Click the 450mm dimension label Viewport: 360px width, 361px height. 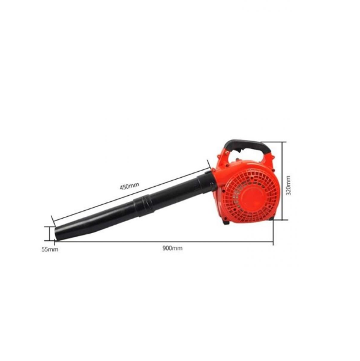coord(129,186)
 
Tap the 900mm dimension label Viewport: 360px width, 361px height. coord(173,248)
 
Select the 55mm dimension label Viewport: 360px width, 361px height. coord(50,249)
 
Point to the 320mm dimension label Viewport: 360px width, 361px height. coord(288,186)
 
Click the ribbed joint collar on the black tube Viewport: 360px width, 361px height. coord(143,205)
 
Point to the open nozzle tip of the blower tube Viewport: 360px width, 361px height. coord(56,234)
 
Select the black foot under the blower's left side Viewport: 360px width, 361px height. coord(226,222)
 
